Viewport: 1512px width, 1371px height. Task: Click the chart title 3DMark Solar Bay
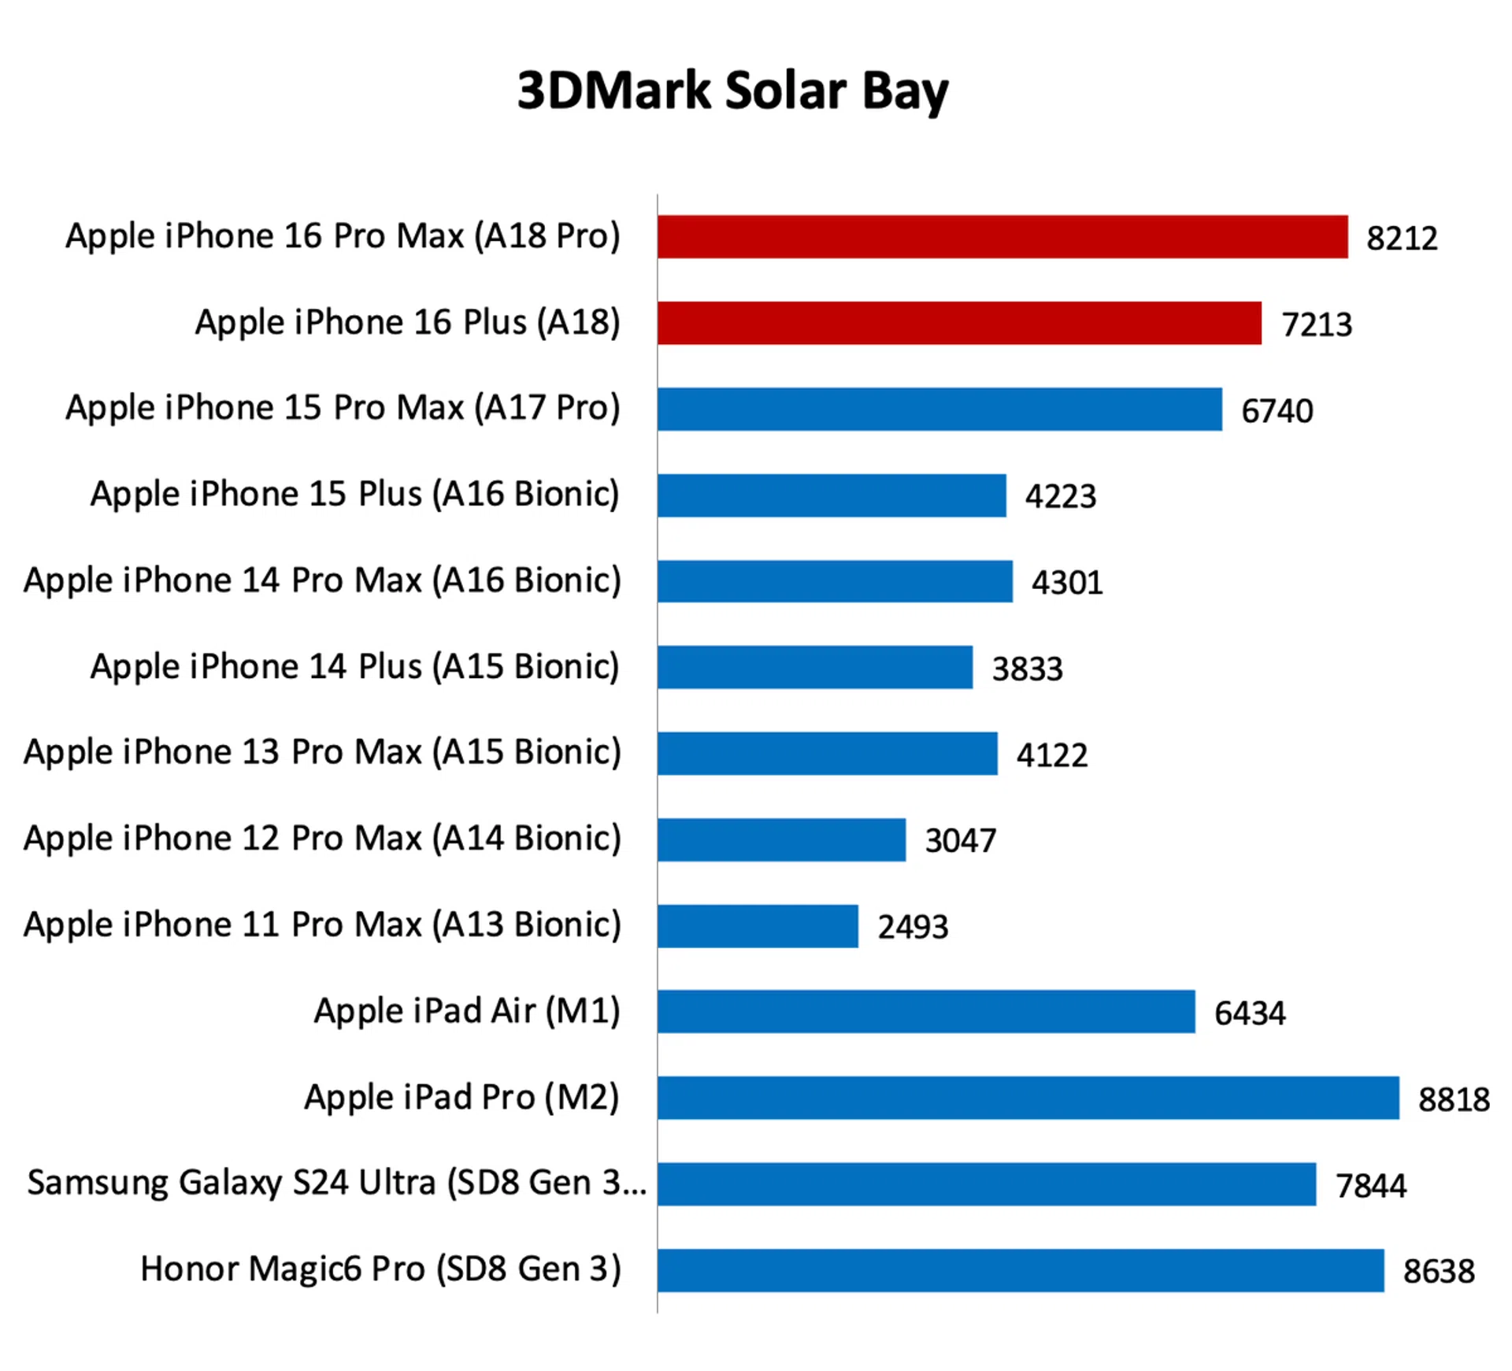pos(732,91)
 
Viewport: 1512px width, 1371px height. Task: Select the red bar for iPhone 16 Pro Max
pos(1002,237)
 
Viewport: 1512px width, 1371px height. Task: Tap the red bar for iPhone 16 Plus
pos(958,323)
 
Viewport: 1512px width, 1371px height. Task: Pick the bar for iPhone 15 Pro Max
pos(939,409)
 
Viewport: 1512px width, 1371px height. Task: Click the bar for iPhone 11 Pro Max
pos(757,926)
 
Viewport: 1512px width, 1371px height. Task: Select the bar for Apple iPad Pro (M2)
pos(1028,1098)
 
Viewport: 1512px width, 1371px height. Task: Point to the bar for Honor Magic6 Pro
pos(1020,1270)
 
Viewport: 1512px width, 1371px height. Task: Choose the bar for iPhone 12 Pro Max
pos(780,839)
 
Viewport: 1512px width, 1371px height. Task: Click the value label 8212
pos(1401,238)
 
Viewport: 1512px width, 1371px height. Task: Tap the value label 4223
pos(1060,496)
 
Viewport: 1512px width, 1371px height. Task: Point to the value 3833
pos(1026,669)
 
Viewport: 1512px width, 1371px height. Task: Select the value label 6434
pos(1249,1013)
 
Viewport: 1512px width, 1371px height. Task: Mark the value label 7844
pos(1370,1185)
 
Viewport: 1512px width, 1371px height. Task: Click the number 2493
pos(912,927)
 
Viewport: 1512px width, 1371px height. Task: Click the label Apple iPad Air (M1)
pos(467,1011)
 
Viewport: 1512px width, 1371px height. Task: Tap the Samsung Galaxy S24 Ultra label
pos(336,1183)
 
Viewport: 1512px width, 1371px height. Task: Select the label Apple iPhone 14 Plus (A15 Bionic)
pos(354,667)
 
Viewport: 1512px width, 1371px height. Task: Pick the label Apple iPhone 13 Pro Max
pos(322,752)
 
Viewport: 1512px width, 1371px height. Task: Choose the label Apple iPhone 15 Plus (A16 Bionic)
pos(354,495)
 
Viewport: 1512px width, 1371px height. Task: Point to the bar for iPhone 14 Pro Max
pos(834,581)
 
